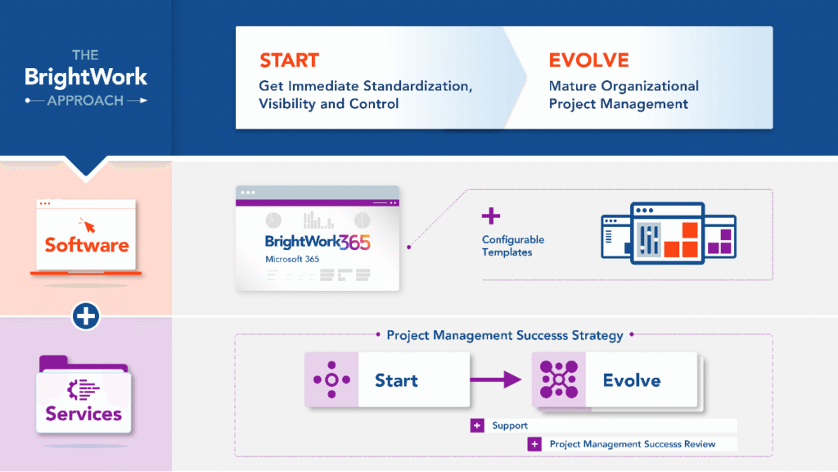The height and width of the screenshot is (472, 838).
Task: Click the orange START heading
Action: [x=289, y=61]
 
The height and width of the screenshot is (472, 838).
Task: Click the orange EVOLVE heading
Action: [x=588, y=61]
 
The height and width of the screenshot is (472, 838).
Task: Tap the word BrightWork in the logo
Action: [x=86, y=78]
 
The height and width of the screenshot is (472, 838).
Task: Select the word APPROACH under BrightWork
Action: [x=85, y=101]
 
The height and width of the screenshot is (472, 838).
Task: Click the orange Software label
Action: [x=86, y=245]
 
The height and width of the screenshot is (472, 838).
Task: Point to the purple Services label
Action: [x=83, y=413]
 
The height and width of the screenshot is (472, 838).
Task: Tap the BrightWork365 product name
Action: [x=318, y=243]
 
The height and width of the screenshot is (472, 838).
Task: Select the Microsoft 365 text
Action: [x=292, y=259]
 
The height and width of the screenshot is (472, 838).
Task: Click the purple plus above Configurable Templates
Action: [x=490, y=216]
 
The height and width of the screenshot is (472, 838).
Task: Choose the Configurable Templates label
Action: [x=513, y=246]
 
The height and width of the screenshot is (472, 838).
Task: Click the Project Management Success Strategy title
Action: [x=505, y=335]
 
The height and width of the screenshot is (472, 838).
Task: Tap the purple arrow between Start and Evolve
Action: [x=496, y=379]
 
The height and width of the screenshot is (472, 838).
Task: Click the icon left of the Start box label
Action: [x=332, y=380]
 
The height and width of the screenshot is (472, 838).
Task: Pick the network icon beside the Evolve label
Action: [x=559, y=379]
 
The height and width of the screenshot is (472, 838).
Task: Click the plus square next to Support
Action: [x=477, y=426]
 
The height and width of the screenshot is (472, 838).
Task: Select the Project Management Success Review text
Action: [x=633, y=444]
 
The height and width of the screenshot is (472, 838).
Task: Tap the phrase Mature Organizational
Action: [x=624, y=86]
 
